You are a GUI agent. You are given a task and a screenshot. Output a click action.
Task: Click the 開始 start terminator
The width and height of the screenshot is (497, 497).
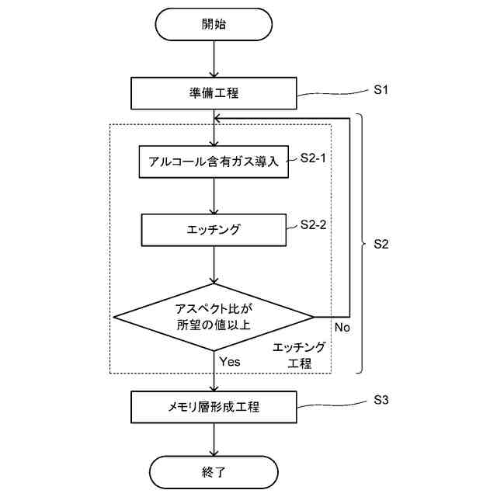214,24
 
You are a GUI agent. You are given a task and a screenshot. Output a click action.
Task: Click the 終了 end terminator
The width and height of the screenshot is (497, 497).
214,471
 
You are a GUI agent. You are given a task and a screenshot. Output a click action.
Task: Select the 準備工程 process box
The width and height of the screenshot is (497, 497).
214,94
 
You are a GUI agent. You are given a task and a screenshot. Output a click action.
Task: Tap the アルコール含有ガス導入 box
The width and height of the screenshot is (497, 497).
214,162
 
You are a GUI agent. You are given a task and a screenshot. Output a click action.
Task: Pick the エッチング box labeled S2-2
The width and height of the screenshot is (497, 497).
214,230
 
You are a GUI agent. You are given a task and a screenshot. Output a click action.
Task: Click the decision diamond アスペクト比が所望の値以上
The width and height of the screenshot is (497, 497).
214,316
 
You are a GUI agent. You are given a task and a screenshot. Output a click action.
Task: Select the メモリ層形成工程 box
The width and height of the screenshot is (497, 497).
214,405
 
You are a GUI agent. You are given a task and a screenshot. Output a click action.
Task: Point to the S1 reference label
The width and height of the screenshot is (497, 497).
381,90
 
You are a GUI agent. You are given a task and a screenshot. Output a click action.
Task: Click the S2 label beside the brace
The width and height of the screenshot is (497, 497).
381,244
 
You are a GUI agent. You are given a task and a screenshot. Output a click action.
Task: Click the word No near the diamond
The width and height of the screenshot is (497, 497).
342,328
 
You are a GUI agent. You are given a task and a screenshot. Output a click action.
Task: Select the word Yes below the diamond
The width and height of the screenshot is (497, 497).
230,361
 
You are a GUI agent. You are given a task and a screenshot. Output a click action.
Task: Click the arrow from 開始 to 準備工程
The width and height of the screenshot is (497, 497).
214,59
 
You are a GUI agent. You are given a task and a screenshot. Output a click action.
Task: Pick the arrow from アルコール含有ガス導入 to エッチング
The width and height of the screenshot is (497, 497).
214,196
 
